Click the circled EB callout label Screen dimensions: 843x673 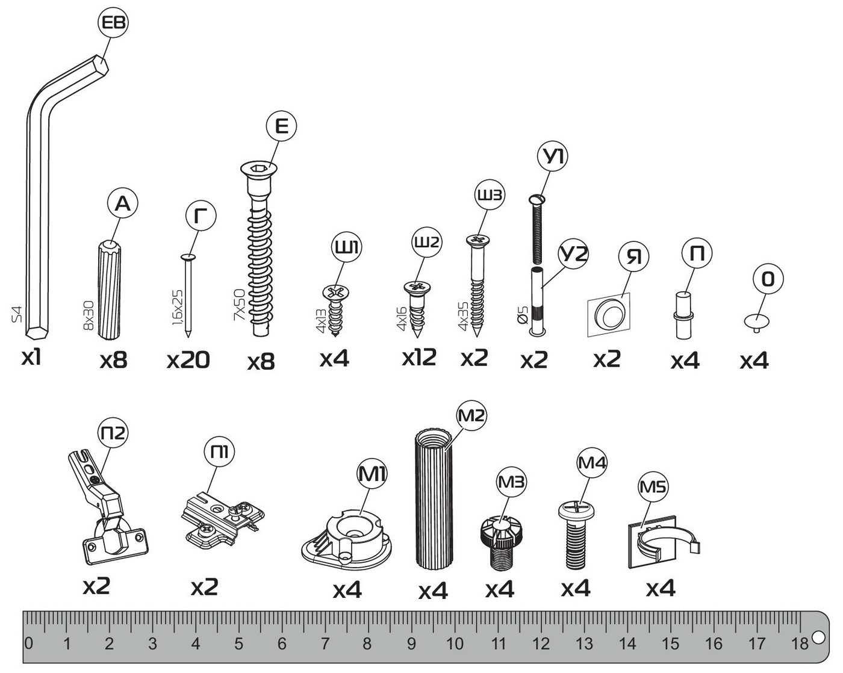[x=113, y=23]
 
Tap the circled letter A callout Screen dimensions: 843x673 [x=123, y=204]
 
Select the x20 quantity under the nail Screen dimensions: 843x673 [x=188, y=360]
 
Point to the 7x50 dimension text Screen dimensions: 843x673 [x=239, y=305]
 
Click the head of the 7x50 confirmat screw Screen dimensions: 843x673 [x=258, y=169]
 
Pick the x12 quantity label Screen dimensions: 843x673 [x=419, y=357]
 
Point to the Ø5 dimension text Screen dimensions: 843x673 [x=523, y=315]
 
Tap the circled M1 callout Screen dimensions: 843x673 [x=372, y=474]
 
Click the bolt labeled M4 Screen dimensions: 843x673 [x=576, y=535]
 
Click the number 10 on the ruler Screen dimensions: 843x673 [x=455, y=644]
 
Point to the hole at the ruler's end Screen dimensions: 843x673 [x=818, y=637]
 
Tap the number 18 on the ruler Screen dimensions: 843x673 [x=800, y=644]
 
